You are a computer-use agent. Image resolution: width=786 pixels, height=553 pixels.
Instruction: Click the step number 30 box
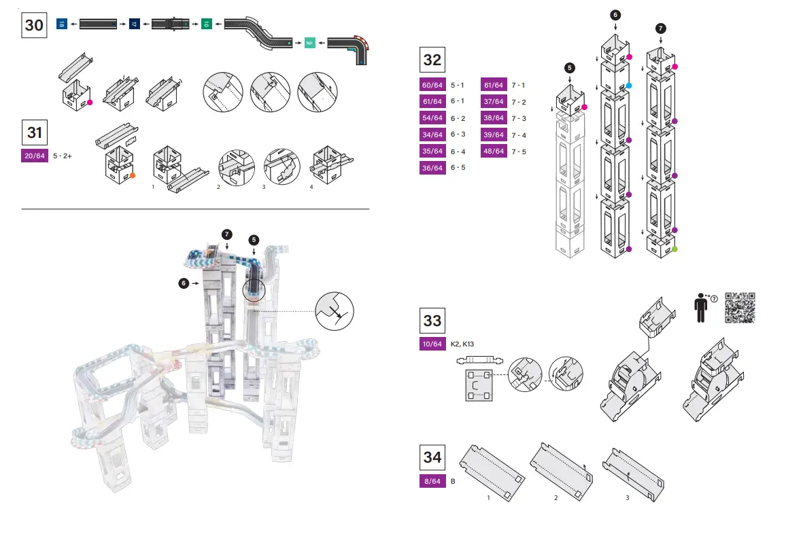[34, 26]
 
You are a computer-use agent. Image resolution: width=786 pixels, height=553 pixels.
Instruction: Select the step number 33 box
[432, 320]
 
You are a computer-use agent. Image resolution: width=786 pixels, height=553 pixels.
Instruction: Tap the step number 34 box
[432, 457]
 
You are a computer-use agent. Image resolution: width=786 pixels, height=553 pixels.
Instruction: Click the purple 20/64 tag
[35, 156]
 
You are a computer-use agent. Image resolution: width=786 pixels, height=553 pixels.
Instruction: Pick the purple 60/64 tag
[432, 85]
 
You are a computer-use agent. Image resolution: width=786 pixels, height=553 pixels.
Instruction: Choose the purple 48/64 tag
[493, 151]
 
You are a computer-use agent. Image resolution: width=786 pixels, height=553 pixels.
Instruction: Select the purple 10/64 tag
[432, 344]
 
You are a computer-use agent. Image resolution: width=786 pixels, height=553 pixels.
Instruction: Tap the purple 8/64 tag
[432, 482]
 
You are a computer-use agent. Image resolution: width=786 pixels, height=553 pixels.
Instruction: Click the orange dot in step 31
[133, 175]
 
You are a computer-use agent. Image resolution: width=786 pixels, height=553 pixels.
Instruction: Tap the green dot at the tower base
[674, 250]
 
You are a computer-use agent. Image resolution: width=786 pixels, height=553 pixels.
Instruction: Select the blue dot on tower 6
[630, 86]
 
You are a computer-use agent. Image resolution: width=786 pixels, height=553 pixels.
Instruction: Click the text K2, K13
[462, 344]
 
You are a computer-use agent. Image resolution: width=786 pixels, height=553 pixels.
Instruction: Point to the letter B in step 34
[453, 482]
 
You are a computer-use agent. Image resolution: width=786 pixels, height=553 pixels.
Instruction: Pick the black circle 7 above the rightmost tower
[661, 28]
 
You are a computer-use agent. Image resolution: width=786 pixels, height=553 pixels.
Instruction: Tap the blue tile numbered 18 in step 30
[61, 24]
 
